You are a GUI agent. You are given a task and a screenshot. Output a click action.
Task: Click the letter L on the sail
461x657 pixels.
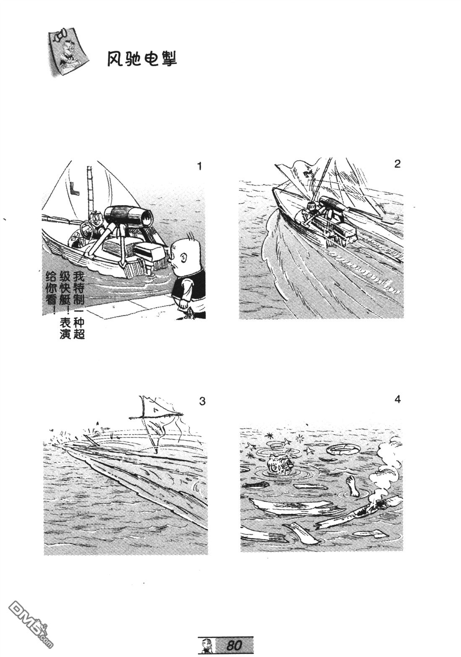pos(74,188)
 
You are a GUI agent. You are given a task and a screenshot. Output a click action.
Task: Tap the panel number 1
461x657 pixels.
pos(199,166)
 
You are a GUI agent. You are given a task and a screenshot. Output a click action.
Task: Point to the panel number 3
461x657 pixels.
pos(202,401)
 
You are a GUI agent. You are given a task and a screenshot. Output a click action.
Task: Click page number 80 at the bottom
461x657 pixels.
pos(234,645)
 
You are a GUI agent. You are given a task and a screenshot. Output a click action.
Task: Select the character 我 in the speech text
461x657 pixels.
pos(79,277)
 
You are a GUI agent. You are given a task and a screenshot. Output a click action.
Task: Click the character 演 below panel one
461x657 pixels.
pos(65,334)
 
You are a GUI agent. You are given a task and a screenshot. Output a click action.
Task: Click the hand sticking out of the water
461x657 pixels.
pos(352,485)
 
